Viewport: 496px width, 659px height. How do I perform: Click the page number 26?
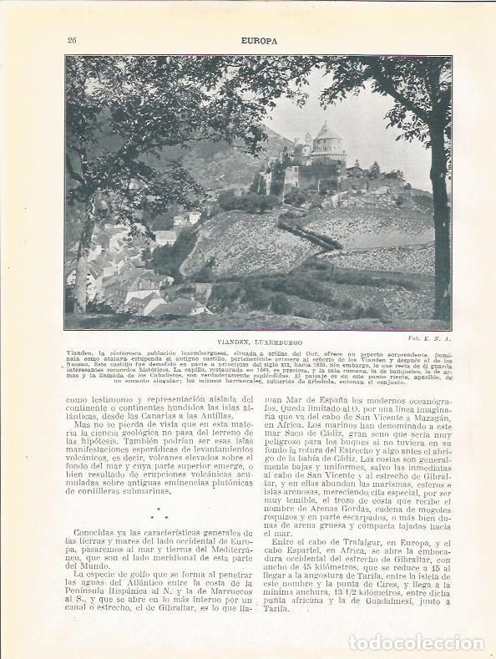[x=72, y=39]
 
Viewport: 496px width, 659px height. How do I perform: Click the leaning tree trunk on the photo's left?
[x=84, y=251]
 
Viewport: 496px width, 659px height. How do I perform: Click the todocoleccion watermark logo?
[x=414, y=642]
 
